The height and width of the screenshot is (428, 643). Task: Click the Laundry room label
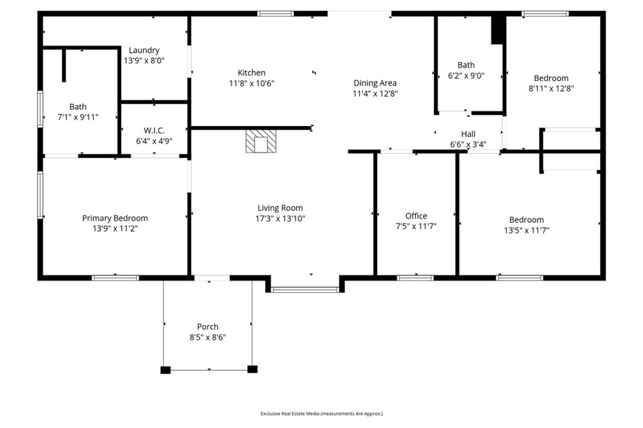click(144, 50)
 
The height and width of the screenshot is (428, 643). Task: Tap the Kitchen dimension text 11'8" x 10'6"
click(251, 83)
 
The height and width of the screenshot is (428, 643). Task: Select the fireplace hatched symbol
click(261, 141)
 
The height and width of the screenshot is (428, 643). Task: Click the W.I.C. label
click(154, 131)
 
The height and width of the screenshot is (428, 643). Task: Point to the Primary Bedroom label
click(115, 218)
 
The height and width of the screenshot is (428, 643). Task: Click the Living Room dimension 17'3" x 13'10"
click(280, 218)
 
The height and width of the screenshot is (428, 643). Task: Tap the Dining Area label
click(376, 83)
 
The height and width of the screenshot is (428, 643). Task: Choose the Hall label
click(468, 134)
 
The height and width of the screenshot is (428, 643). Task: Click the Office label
click(416, 216)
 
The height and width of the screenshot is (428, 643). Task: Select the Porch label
click(207, 327)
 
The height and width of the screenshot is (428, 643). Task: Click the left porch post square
click(165, 370)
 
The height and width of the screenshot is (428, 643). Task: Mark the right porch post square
click(252, 369)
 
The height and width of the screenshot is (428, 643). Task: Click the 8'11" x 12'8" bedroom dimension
click(551, 88)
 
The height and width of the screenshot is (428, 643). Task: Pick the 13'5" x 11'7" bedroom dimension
click(527, 230)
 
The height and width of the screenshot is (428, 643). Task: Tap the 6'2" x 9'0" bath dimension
click(467, 75)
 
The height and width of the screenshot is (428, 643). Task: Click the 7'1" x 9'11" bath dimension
click(78, 117)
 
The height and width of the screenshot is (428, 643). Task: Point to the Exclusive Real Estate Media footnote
click(321, 414)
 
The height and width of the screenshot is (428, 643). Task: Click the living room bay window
click(305, 290)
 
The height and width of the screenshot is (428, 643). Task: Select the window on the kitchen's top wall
click(276, 14)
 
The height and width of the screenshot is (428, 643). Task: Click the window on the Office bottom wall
click(415, 278)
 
